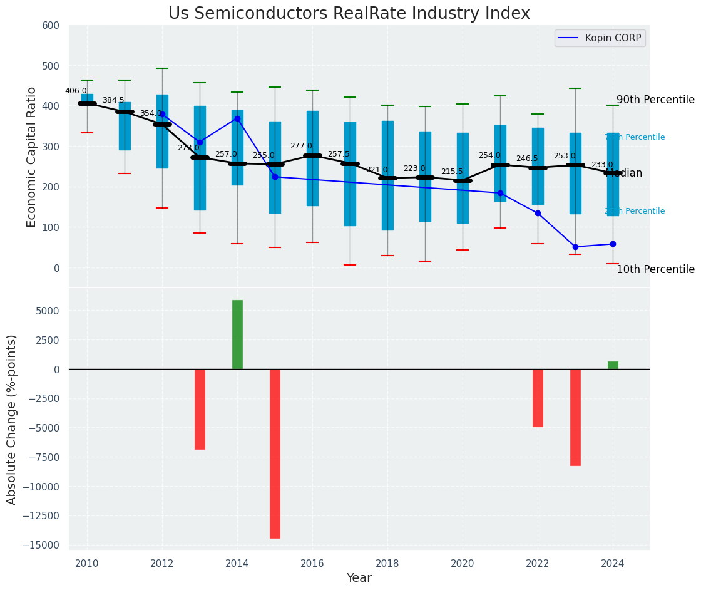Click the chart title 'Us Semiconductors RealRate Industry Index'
tap(349, 14)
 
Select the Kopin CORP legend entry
tap(600, 38)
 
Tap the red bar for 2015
tap(275, 453)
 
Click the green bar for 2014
tap(237, 334)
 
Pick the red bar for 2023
tap(575, 417)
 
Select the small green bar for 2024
tap(613, 365)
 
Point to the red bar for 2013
tap(200, 409)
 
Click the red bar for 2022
tap(538, 398)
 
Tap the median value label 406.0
tap(76, 91)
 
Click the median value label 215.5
tap(452, 172)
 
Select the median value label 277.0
tap(301, 146)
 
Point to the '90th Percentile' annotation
tap(655, 100)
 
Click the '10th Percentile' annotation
tap(655, 270)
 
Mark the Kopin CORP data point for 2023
tap(575, 247)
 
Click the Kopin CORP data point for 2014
tap(237, 118)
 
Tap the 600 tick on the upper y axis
tap(51, 26)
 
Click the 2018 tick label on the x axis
tap(387, 564)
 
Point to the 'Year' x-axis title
tap(359, 578)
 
